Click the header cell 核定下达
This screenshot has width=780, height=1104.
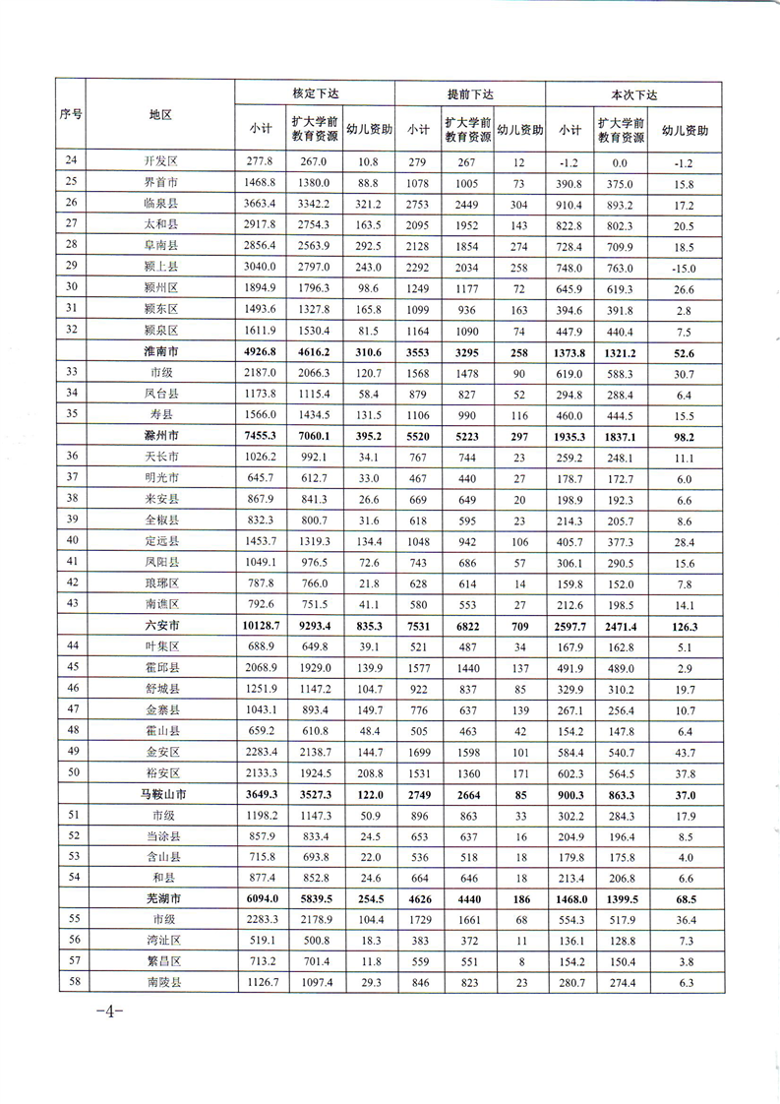[315, 93]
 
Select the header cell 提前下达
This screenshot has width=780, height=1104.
[470, 93]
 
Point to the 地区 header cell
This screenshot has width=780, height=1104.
[160, 114]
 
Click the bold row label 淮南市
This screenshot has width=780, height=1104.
[161, 351]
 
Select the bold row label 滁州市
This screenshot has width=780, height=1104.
[161, 435]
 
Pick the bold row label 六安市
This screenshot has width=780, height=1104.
[161, 625]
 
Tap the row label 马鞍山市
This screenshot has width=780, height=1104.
[161, 793]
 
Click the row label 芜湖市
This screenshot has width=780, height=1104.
[161, 898]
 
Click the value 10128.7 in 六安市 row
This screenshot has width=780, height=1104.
[261, 625]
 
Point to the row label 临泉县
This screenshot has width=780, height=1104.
[161, 204]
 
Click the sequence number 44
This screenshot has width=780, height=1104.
[71, 645]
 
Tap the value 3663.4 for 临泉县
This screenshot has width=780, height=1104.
[261, 204]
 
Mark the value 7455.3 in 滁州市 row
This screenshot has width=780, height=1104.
[261, 435]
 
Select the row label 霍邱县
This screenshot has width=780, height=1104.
[161, 667]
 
